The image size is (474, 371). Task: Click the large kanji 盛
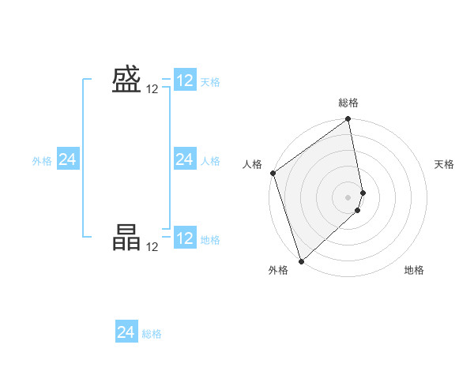126,80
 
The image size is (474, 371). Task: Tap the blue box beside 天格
185,81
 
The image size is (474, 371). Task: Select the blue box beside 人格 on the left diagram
185,159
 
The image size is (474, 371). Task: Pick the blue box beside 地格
185,238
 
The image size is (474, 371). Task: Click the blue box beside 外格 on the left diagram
67,159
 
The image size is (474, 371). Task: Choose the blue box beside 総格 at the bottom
126,332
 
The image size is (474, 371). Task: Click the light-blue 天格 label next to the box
210,82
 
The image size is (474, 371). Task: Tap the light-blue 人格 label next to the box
210,161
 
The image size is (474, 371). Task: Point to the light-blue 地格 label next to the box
210,240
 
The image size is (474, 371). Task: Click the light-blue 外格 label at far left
42,161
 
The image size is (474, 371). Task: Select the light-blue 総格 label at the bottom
152,334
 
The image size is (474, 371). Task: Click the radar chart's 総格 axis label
348,103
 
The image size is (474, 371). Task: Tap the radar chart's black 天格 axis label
445,164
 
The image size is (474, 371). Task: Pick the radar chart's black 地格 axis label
414,270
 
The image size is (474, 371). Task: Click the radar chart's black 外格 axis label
278,270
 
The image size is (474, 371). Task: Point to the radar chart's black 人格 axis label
252,164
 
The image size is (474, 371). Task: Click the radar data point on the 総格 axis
348,120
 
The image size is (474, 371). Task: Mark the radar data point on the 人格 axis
273,173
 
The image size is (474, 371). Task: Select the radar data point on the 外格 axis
301,261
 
